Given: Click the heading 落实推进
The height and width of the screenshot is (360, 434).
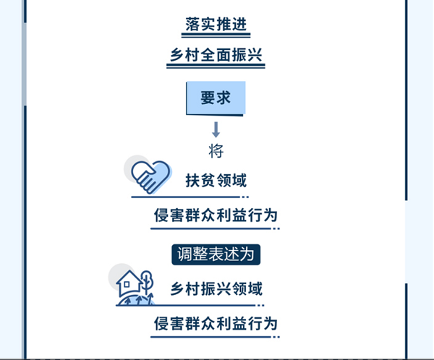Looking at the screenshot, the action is (216, 25).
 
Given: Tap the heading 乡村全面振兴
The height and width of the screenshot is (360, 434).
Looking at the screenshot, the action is (216, 55).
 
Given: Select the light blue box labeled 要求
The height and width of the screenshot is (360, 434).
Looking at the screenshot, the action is (216, 98).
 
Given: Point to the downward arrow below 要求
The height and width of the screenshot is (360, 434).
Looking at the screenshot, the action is (216, 129).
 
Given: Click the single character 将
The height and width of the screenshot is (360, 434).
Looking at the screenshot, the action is (216, 151).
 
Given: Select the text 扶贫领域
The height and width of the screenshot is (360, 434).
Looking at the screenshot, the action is (216, 181).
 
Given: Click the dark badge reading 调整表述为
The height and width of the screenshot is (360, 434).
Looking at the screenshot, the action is (216, 254).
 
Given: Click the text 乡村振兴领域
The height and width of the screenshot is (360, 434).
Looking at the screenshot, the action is (216, 289).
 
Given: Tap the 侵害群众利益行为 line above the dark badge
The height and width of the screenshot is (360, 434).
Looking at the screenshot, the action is (216, 215).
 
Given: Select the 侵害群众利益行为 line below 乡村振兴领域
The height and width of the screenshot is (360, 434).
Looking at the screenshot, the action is (216, 323).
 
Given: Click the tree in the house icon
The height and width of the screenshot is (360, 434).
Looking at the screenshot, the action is (147, 282).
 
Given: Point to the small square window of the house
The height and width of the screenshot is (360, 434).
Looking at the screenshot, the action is (127, 284).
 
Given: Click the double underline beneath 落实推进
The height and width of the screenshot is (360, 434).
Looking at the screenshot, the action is (216, 35).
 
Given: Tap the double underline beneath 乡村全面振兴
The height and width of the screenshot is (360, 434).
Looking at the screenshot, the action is (216, 66).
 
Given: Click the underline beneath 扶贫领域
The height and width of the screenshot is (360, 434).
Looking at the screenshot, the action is (190, 197).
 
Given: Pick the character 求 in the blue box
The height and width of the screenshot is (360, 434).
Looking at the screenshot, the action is (224, 98).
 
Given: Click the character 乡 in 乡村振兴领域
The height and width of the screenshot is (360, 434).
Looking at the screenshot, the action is (177, 289).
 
